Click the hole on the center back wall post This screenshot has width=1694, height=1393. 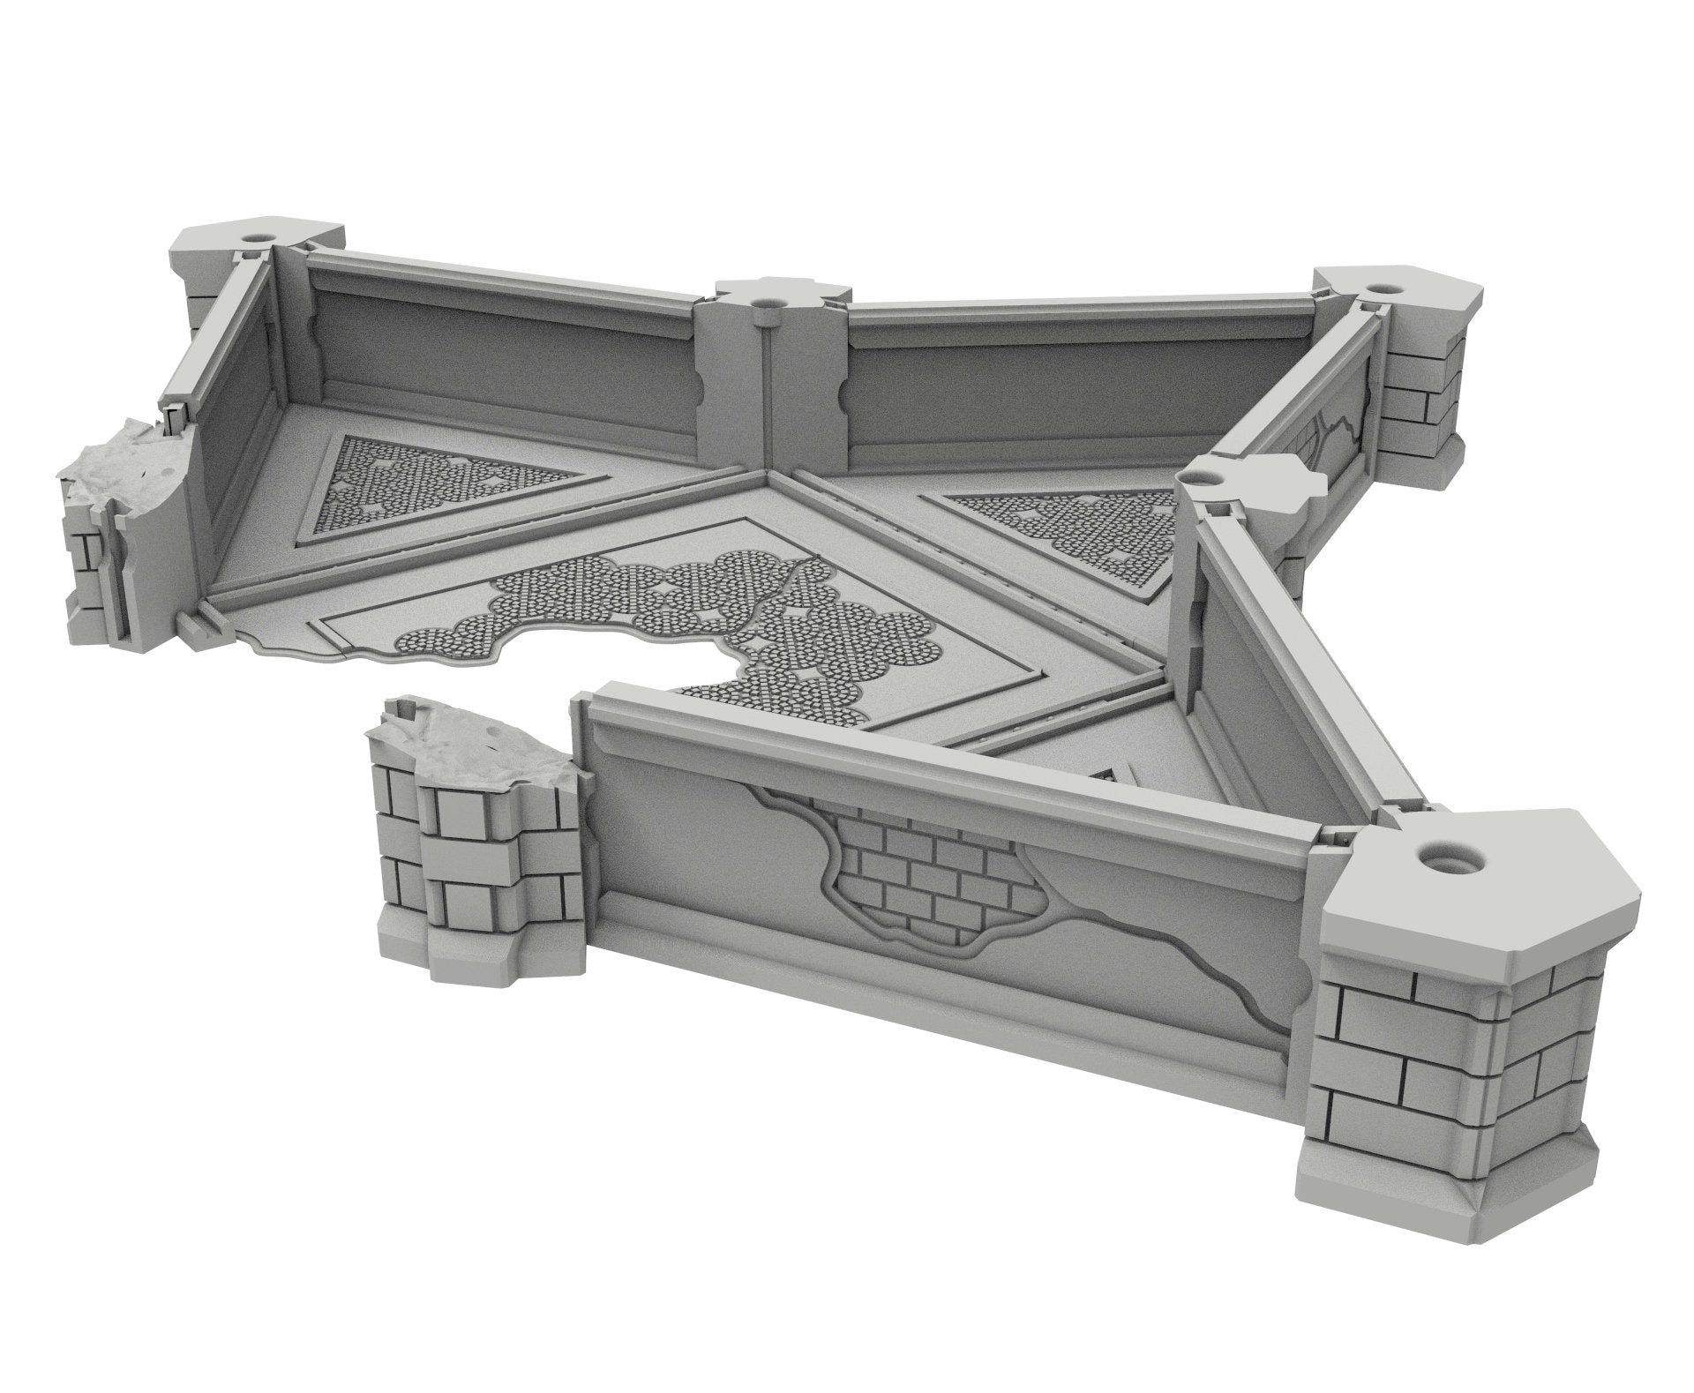click(761, 303)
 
